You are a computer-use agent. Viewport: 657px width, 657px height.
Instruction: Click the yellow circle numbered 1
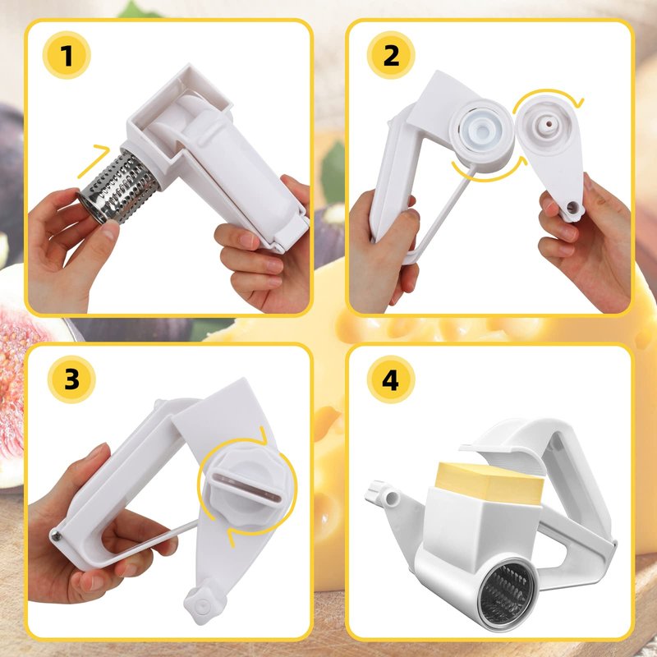coord(67,55)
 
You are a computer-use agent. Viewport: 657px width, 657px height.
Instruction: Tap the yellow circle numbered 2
coord(391,55)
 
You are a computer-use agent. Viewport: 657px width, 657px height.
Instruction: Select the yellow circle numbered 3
coord(71,379)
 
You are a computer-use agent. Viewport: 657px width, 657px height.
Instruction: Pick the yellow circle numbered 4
coord(391,379)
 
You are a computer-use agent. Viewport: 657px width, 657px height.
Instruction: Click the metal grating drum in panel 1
coord(118,186)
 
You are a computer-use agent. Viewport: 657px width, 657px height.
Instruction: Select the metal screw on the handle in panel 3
coord(56,535)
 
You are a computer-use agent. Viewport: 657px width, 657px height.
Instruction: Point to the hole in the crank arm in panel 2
coord(572,207)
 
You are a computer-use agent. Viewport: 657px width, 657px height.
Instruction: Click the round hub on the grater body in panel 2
coord(482,135)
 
